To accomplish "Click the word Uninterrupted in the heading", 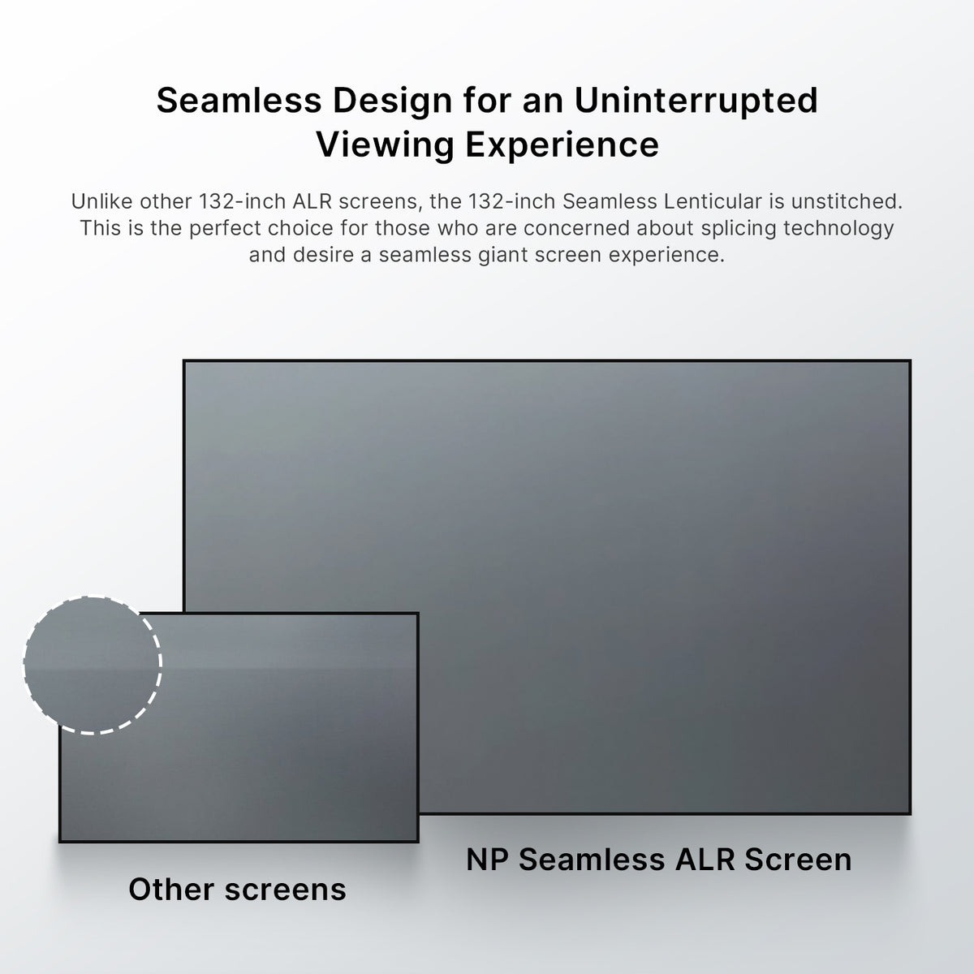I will click(x=696, y=101).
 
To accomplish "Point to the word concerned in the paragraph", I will click(x=575, y=228).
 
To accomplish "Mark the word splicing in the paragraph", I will click(x=736, y=228).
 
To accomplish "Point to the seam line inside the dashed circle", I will click(x=92, y=668).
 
